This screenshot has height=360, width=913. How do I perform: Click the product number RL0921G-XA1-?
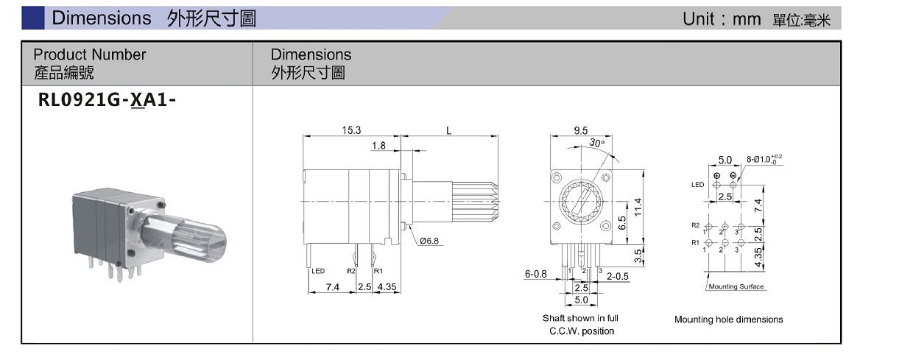point(107,101)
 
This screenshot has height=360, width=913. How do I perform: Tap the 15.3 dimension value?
point(351,130)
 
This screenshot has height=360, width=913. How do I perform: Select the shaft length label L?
point(448,130)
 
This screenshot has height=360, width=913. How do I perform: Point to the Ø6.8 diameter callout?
point(431,241)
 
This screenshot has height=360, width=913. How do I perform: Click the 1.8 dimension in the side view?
point(378,146)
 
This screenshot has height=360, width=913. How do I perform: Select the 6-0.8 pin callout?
point(536,274)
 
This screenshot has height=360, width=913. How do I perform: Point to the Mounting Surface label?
point(736,286)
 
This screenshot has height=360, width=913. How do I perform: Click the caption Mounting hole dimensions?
point(728,320)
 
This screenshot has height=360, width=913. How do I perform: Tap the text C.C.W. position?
point(581,331)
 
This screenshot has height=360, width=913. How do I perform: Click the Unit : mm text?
point(722,19)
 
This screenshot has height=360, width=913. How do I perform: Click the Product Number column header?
point(89,54)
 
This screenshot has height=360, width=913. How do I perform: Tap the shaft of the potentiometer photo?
point(188,236)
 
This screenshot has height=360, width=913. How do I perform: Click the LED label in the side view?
point(318,271)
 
